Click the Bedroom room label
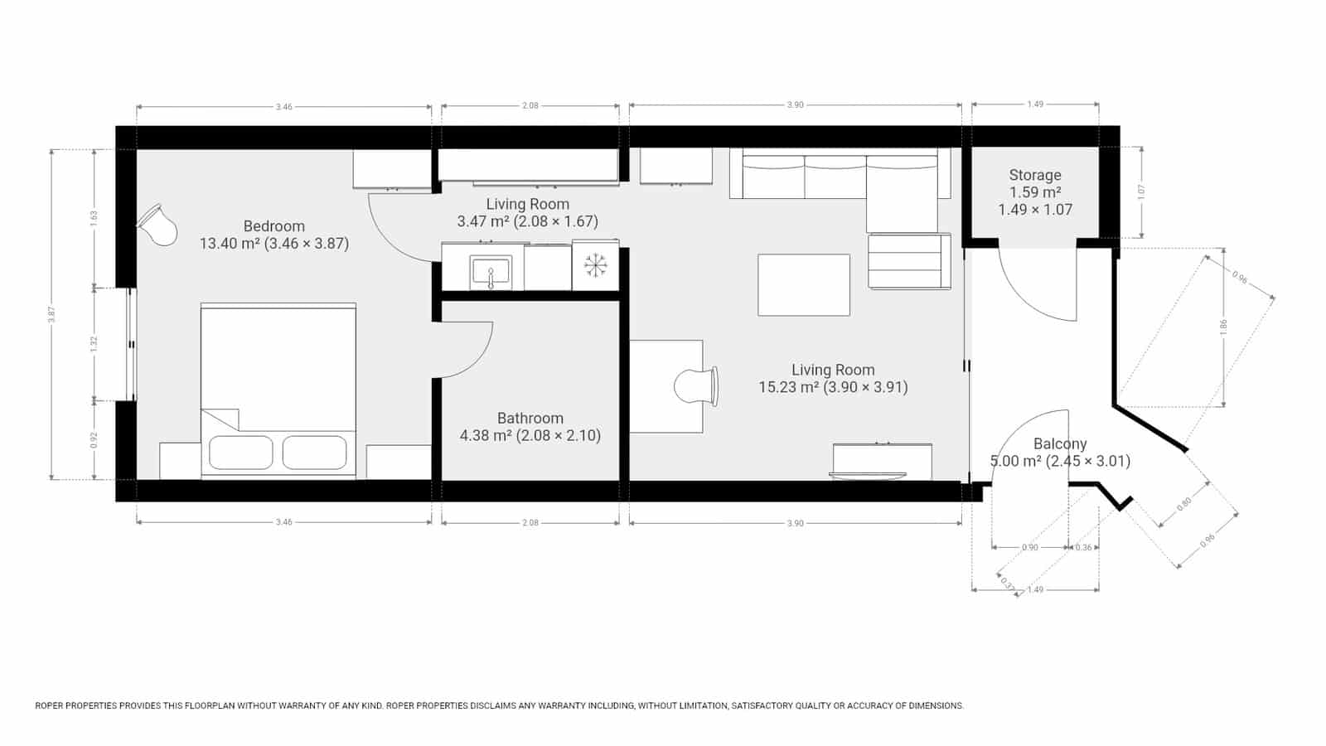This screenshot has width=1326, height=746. click(x=274, y=226)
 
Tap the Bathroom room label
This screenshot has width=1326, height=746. click(x=530, y=419)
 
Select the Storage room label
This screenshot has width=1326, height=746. click(x=1035, y=175)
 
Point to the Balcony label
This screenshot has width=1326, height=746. click(x=1060, y=444)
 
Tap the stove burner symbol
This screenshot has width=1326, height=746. click(x=595, y=265)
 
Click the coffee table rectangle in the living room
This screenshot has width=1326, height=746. click(x=804, y=284)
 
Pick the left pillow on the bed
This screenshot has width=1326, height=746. click(x=240, y=453)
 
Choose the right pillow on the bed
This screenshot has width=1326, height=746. click(x=314, y=453)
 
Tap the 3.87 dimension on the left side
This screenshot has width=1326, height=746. click(x=51, y=315)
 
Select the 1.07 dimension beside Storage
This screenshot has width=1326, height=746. click(x=1141, y=191)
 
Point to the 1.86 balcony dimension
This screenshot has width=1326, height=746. click(x=1223, y=327)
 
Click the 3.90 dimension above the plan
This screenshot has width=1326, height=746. click(x=795, y=105)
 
